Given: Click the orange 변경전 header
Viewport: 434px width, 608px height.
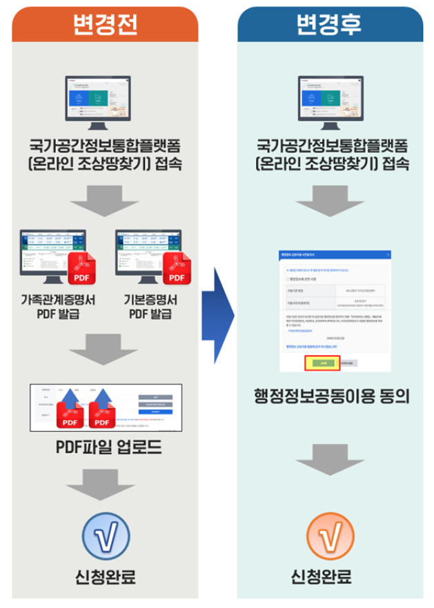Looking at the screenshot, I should (x=105, y=25).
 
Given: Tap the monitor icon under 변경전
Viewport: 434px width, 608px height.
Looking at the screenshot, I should (x=106, y=101).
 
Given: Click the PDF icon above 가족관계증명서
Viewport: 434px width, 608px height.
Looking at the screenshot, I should (x=84, y=270).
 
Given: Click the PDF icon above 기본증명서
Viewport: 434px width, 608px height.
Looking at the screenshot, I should (x=176, y=270).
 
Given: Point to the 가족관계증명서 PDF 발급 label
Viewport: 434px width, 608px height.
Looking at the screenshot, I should (x=59, y=306).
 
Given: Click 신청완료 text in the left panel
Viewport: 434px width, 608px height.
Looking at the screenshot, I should (x=106, y=576).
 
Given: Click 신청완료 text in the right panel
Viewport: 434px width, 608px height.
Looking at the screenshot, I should (x=331, y=576).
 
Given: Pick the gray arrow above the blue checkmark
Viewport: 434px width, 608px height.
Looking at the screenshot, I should (x=106, y=486).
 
